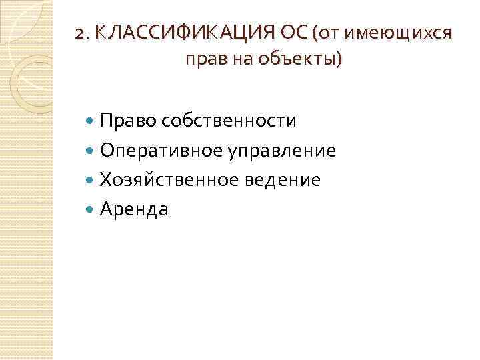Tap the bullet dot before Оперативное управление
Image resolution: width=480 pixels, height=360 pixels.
pyautogui.click(x=91, y=151)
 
